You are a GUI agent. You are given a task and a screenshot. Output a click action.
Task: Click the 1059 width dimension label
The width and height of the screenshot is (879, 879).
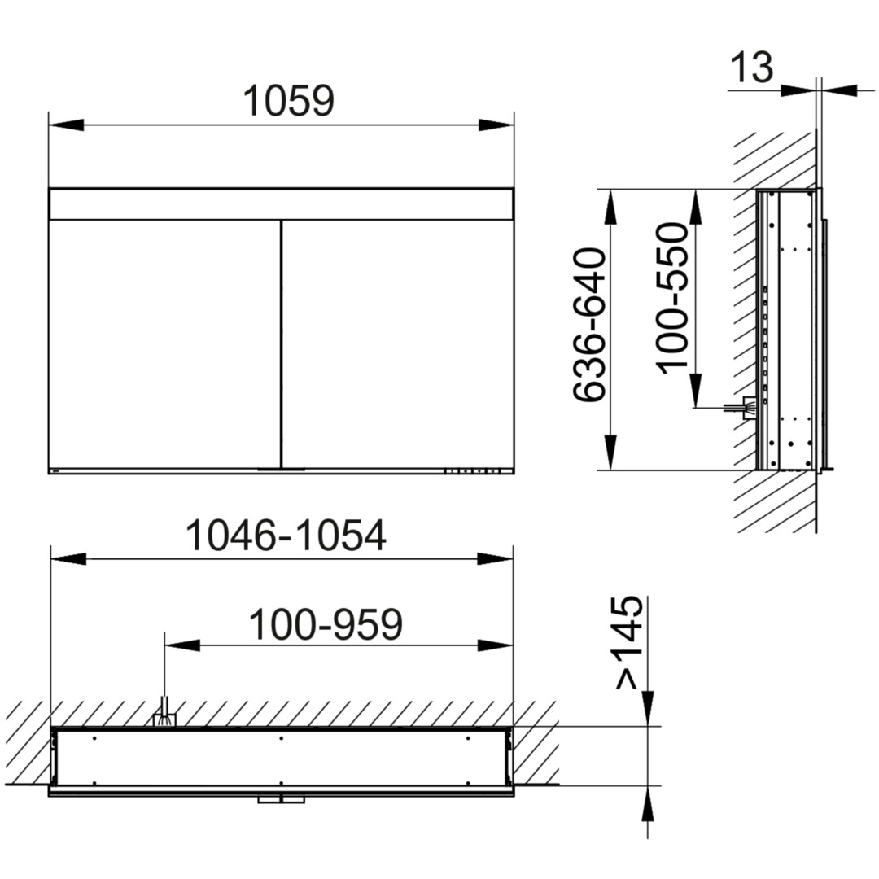(x=289, y=101)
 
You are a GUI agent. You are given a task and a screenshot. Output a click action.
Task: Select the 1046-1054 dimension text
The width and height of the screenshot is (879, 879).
(x=286, y=536)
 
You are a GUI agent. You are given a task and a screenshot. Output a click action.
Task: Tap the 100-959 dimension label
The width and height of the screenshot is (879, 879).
(x=326, y=624)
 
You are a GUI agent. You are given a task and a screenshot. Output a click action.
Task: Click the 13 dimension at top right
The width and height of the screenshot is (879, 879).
(x=752, y=68)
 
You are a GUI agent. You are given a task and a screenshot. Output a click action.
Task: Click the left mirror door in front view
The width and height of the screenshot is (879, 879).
(x=164, y=344)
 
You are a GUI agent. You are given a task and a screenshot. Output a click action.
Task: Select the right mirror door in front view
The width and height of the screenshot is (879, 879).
(x=398, y=344)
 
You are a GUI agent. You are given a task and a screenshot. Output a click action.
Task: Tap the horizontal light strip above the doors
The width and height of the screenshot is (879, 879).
(x=282, y=204)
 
